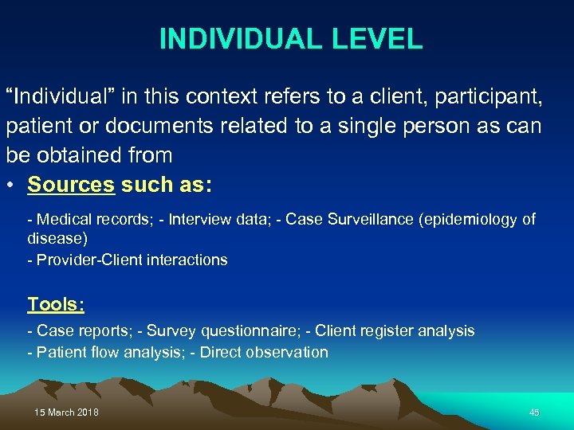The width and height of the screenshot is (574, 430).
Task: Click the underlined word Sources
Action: tap(71, 185)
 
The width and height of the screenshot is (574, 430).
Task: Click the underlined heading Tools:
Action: tap(56, 304)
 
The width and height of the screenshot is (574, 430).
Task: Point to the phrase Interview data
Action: tap(214, 220)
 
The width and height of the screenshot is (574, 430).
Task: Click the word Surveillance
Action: tap(371, 220)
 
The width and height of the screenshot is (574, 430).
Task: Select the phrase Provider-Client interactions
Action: tap(132, 260)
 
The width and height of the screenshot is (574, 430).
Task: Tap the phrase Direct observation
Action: tap(264, 352)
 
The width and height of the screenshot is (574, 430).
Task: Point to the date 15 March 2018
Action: tap(67, 412)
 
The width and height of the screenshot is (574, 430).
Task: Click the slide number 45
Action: tap(534, 412)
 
